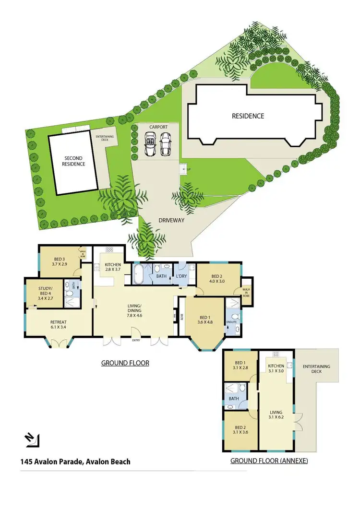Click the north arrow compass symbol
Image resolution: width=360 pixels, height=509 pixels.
pos(33,439)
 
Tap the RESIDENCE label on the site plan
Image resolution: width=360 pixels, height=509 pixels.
pos(248,116)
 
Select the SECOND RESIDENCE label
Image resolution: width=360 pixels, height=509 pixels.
pos(74,161)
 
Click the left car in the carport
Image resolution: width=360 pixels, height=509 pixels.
pos(151,143)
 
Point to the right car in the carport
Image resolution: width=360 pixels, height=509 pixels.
pos(166,143)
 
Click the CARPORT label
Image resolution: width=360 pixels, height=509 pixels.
pos(158,127)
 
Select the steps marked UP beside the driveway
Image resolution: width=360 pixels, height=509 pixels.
pos(182,169)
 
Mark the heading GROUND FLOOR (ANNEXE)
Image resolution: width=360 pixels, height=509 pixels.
pos(269,461)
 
